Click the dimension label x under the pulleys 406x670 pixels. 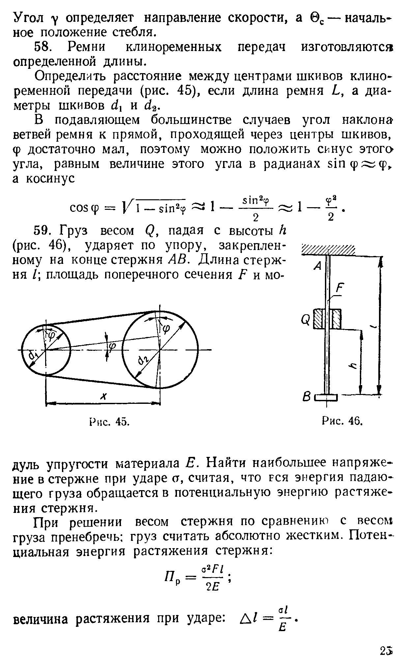click(x=103, y=397)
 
